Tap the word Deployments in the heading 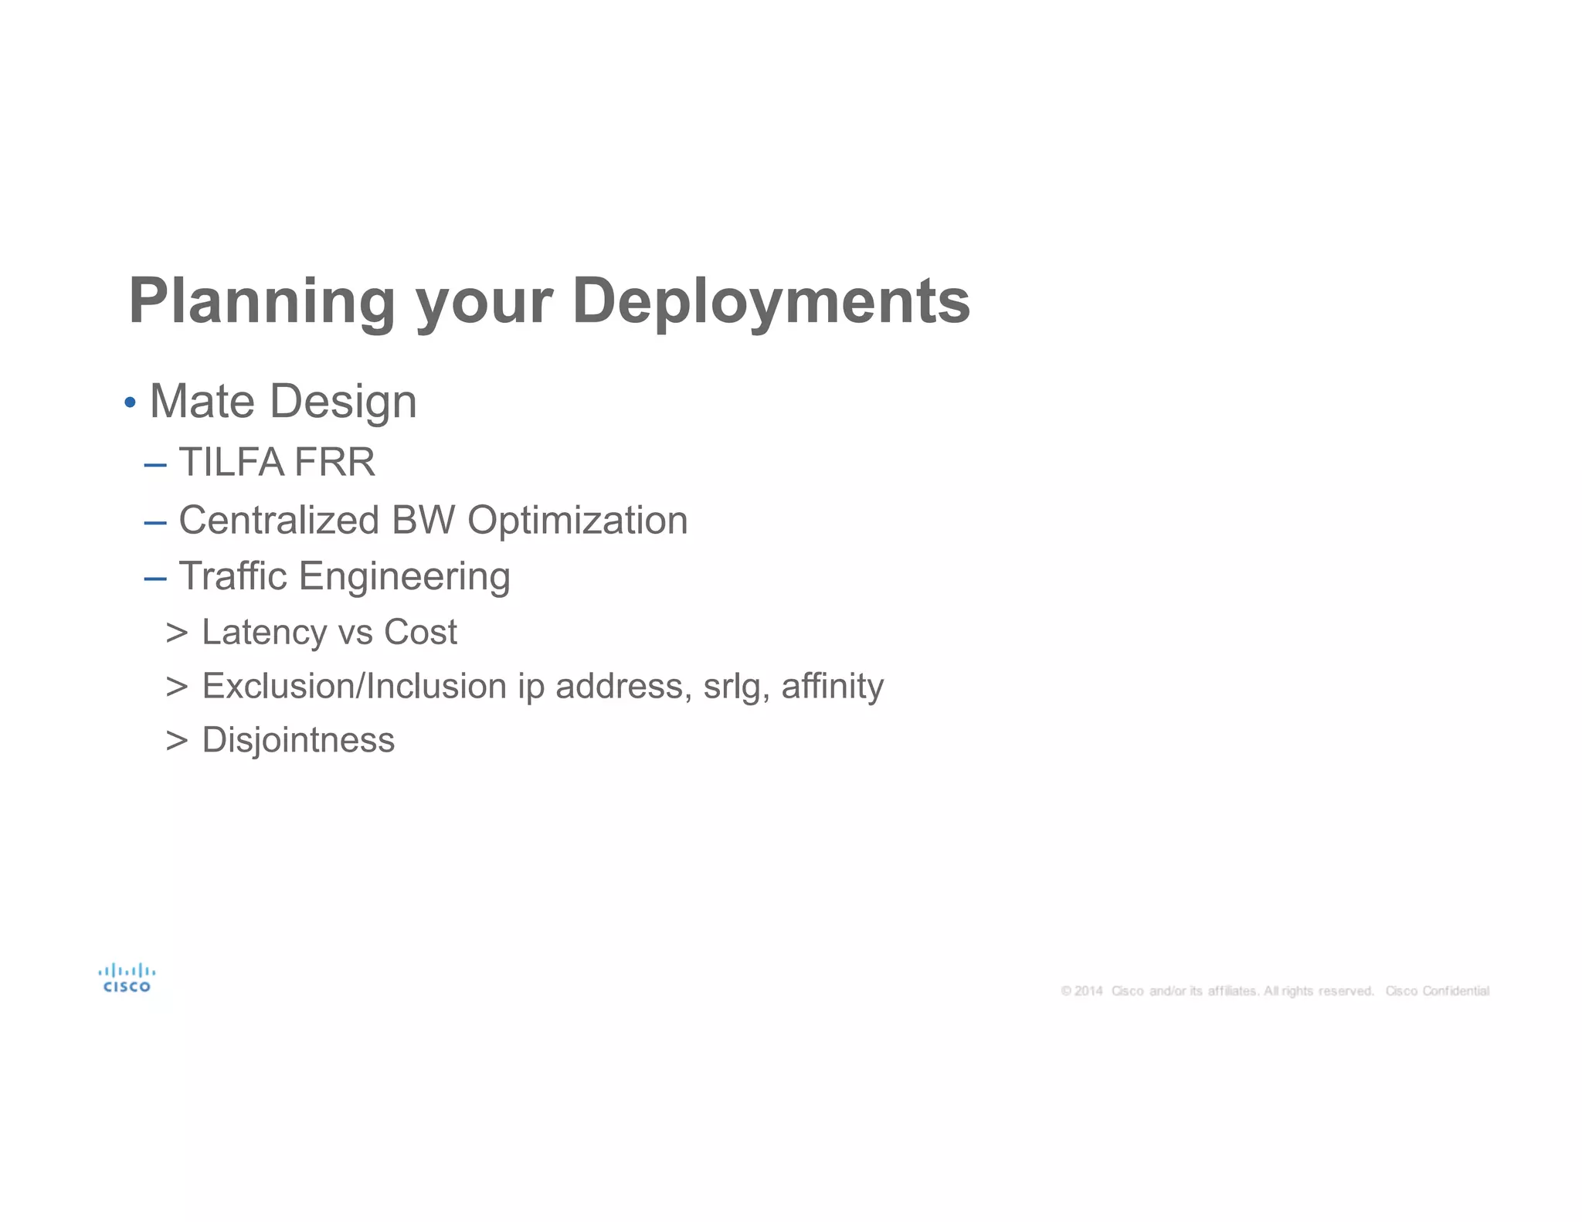(771, 301)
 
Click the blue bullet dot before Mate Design (130, 402)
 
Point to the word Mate (202, 401)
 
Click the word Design (343, 402)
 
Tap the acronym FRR (334, 462)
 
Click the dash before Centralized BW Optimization (155, 522)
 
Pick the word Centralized (279, 520)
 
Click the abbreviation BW (423, 520)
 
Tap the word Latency (264, 632)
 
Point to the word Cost (420, 632)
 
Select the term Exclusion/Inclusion (354, 686)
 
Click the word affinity (832, 686)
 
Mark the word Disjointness (298, 740)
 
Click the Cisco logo (127, 978)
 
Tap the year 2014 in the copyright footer (1088, 991)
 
